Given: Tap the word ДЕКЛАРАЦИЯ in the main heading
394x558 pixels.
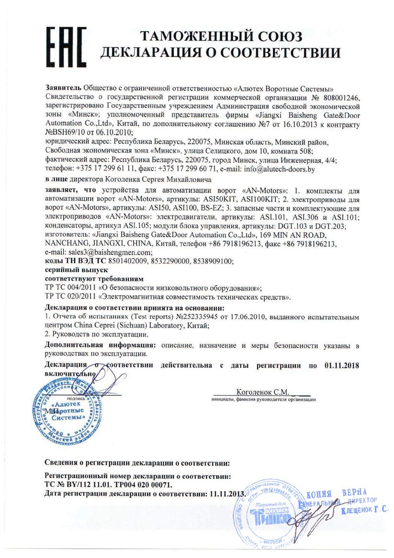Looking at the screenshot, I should (159, 53).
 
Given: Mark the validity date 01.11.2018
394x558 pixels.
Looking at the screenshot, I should (341, 365).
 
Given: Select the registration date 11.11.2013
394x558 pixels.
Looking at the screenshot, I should (226, 493).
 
